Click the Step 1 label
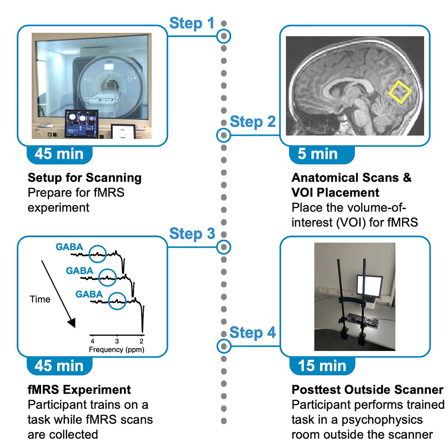click(x=192, y=23)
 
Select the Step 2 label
click(x=253, y=122)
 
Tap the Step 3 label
click(x=192, y=234)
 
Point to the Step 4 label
click(x=253, y=332)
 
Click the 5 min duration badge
click(x=322, y=155)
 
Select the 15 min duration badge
click(x=323, y=366)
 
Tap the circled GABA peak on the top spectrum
click(x=98, y=254)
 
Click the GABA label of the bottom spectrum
click(x=89, y=294)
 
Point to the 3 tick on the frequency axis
click(x=117, y=341)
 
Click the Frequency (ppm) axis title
click(x=116, y=349)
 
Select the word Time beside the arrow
click(x=40, y=300)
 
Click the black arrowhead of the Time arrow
click(x=72, y=323)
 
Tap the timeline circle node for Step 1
click(x=224, y=36)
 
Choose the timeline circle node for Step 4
click(x=224, y=346)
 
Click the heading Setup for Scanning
click(x=85, y=178)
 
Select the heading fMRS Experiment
click(x=79, y=390)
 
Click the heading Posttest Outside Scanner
click(x=367, y=390)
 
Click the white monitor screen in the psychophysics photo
click(x=370, y=286)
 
